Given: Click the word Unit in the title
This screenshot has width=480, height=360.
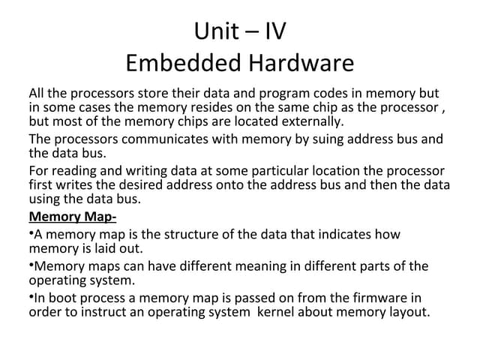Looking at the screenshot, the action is [x=217, y=31].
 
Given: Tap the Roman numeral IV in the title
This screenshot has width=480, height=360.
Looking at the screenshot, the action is [x=275, y=31].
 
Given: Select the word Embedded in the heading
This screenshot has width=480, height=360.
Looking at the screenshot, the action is [x=184, y=62].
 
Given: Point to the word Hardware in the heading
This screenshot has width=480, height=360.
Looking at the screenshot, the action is [x=301, y=62].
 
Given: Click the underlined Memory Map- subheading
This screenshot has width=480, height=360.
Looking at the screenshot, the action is [x=73, y=217].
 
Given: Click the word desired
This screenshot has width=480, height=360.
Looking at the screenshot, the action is [x=140, y=185].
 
